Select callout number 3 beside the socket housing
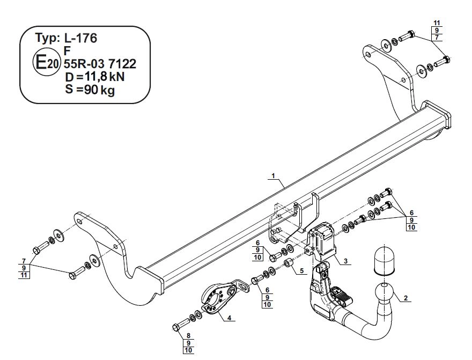346,261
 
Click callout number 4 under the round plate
229,318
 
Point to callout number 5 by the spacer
303,271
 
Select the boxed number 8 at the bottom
188,336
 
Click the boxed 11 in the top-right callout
437,23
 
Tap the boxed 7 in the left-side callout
24,261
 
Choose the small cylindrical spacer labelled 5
288,263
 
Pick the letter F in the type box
67,52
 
